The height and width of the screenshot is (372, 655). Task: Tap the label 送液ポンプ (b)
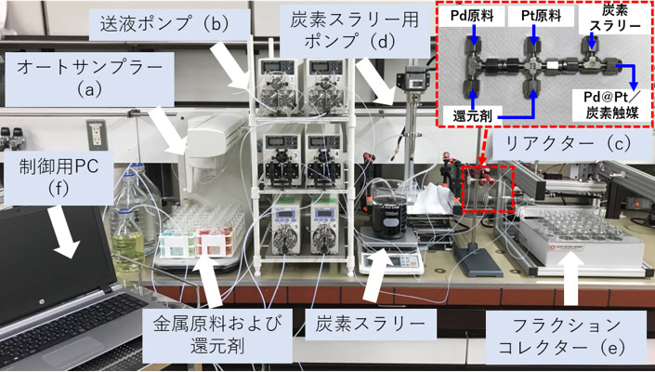[164, 24]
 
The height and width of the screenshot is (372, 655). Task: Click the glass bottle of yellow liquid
[129, 219]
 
